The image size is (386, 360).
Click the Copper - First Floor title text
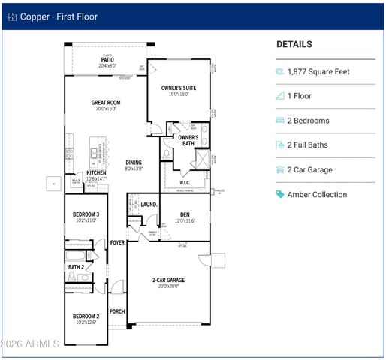coord(58,16)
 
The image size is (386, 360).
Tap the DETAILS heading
coord(294,44)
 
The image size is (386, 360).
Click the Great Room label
coord(106,103)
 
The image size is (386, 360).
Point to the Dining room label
coord(134,163)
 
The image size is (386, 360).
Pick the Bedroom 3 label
coord(86,215)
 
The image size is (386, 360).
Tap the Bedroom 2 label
coord(86,316)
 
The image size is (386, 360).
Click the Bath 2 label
coord(76,266)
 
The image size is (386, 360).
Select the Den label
coord(185,214)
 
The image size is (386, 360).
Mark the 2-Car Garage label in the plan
coord(169,280)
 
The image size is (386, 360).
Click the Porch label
coord(117,312)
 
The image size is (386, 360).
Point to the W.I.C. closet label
coord(185,182)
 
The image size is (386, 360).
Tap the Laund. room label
coord(149,204)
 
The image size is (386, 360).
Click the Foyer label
coord(117,242)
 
